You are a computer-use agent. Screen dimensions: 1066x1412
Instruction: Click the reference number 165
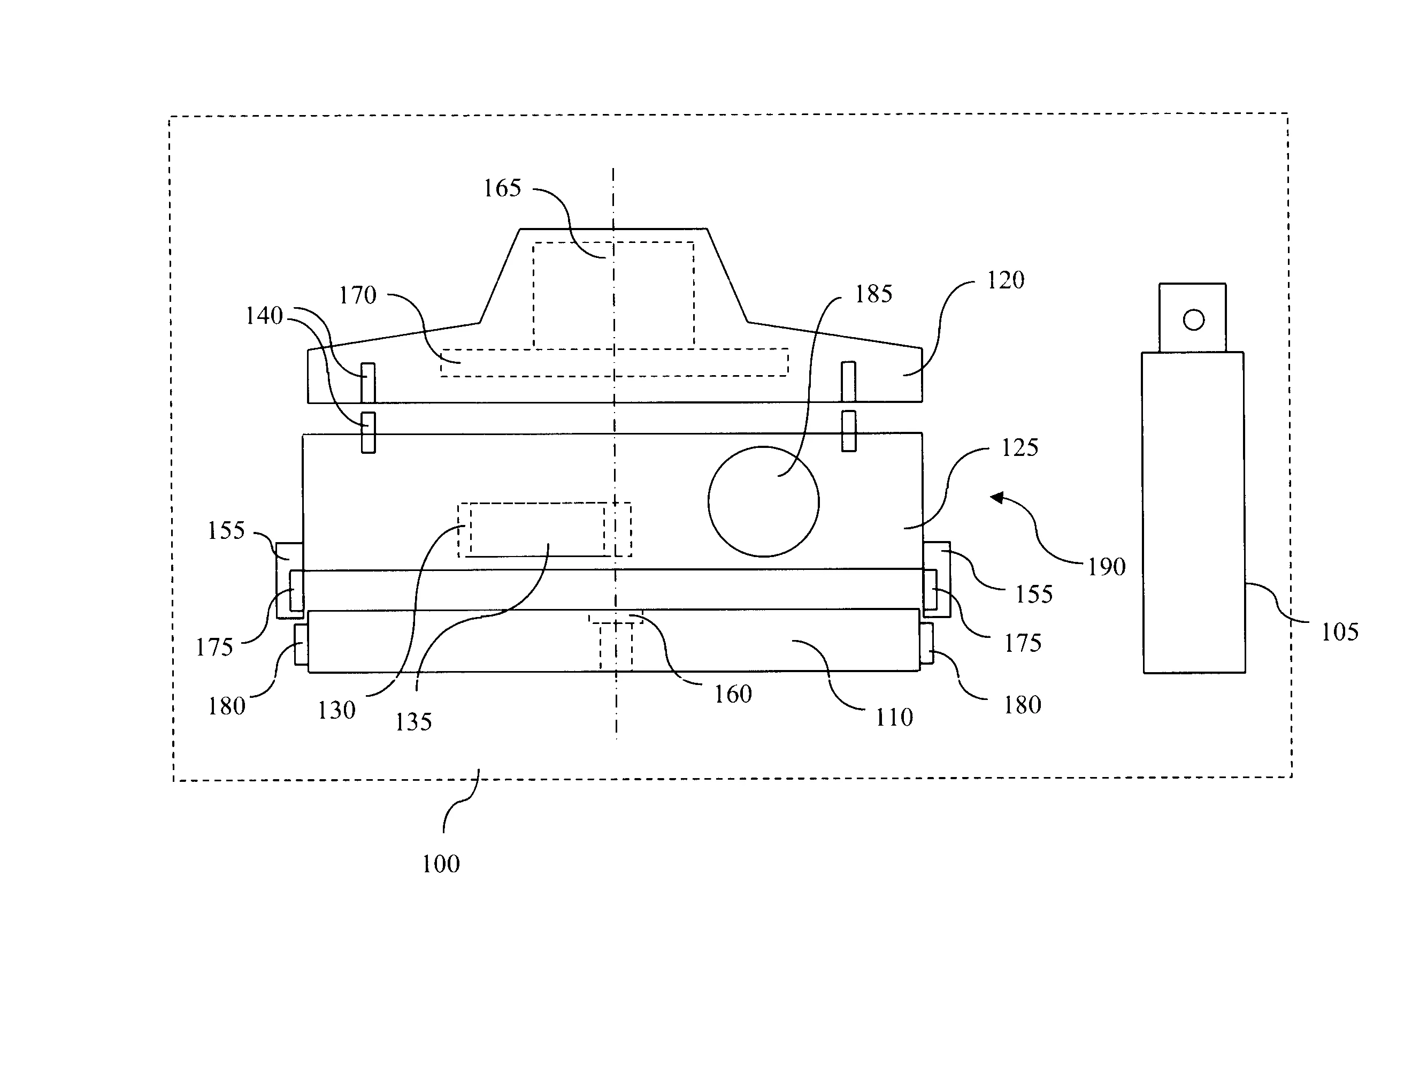(502, 188)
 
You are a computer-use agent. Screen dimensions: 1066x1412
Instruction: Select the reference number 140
(264, 316)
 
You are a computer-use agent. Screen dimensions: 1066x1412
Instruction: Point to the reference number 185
(873, 294)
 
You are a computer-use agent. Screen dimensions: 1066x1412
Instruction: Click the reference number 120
(1006, 280)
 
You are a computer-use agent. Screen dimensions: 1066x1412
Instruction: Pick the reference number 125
(1019, 448)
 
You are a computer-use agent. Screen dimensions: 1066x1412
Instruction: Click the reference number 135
(413, 722)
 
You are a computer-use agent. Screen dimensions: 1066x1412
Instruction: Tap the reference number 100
(441, 864)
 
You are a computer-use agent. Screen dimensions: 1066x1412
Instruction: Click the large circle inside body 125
(763, 502)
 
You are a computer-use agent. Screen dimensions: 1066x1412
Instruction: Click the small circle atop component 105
(1193, 319)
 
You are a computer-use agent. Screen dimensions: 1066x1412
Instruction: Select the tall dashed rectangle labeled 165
(613, 295)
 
